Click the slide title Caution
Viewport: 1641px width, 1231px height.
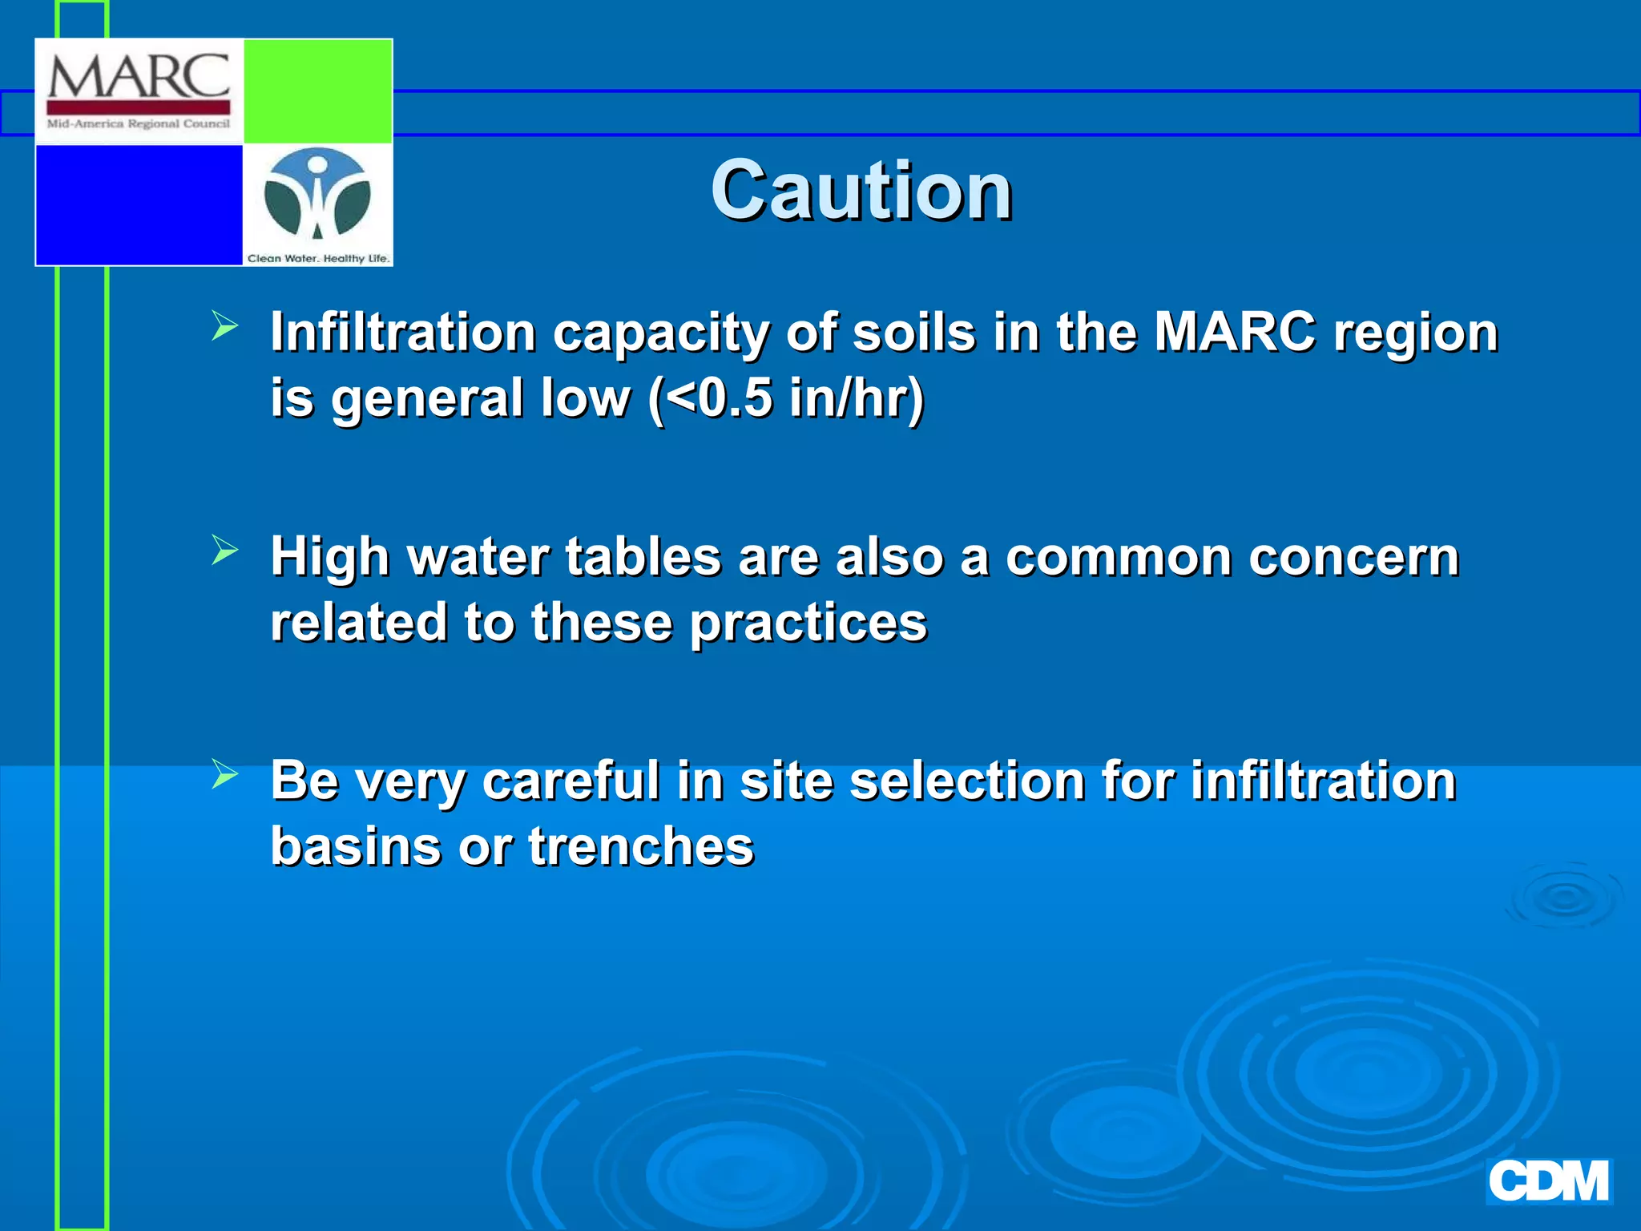pyautogui.click(x=861, y=191)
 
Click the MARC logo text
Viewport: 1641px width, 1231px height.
pyautogui.click(x=139, y=77)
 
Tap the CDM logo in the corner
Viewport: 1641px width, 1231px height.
pyautogui.click(x=1548, y=1181)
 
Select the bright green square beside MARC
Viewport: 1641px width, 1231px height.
pyautogui.click(x=317, y=91)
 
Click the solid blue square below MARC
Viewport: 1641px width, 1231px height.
pyautogui.click(x=139, y=204)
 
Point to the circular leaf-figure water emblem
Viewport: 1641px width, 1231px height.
pyautogui.click(x=317, y=195)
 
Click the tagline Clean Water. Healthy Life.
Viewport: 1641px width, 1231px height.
pyautogui.click(x=318, y=258)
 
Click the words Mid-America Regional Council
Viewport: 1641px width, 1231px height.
pyautogui.click(x=139, y=123)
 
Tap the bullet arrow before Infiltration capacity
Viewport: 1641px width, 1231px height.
pyautogui.click(x=225, y=327)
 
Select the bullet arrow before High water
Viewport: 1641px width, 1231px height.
pyautogui.click(x=225, y=551)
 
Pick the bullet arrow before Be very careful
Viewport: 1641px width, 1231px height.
pyautogui.click(x=225, y=774)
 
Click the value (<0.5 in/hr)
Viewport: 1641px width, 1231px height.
pyautogui.click(x=787, y=398)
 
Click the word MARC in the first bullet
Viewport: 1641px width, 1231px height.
pyautogui.click(x=1234, y=332)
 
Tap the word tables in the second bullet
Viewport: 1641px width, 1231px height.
pyautogui.click(x=643, y=556)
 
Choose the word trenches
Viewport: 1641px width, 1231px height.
pyautogui.click(x=641, y=846)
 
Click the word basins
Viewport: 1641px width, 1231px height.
pyautogui.click(x=356, y=846)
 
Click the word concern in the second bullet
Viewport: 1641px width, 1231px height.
pyautogui.click(x=1353, y=556)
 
